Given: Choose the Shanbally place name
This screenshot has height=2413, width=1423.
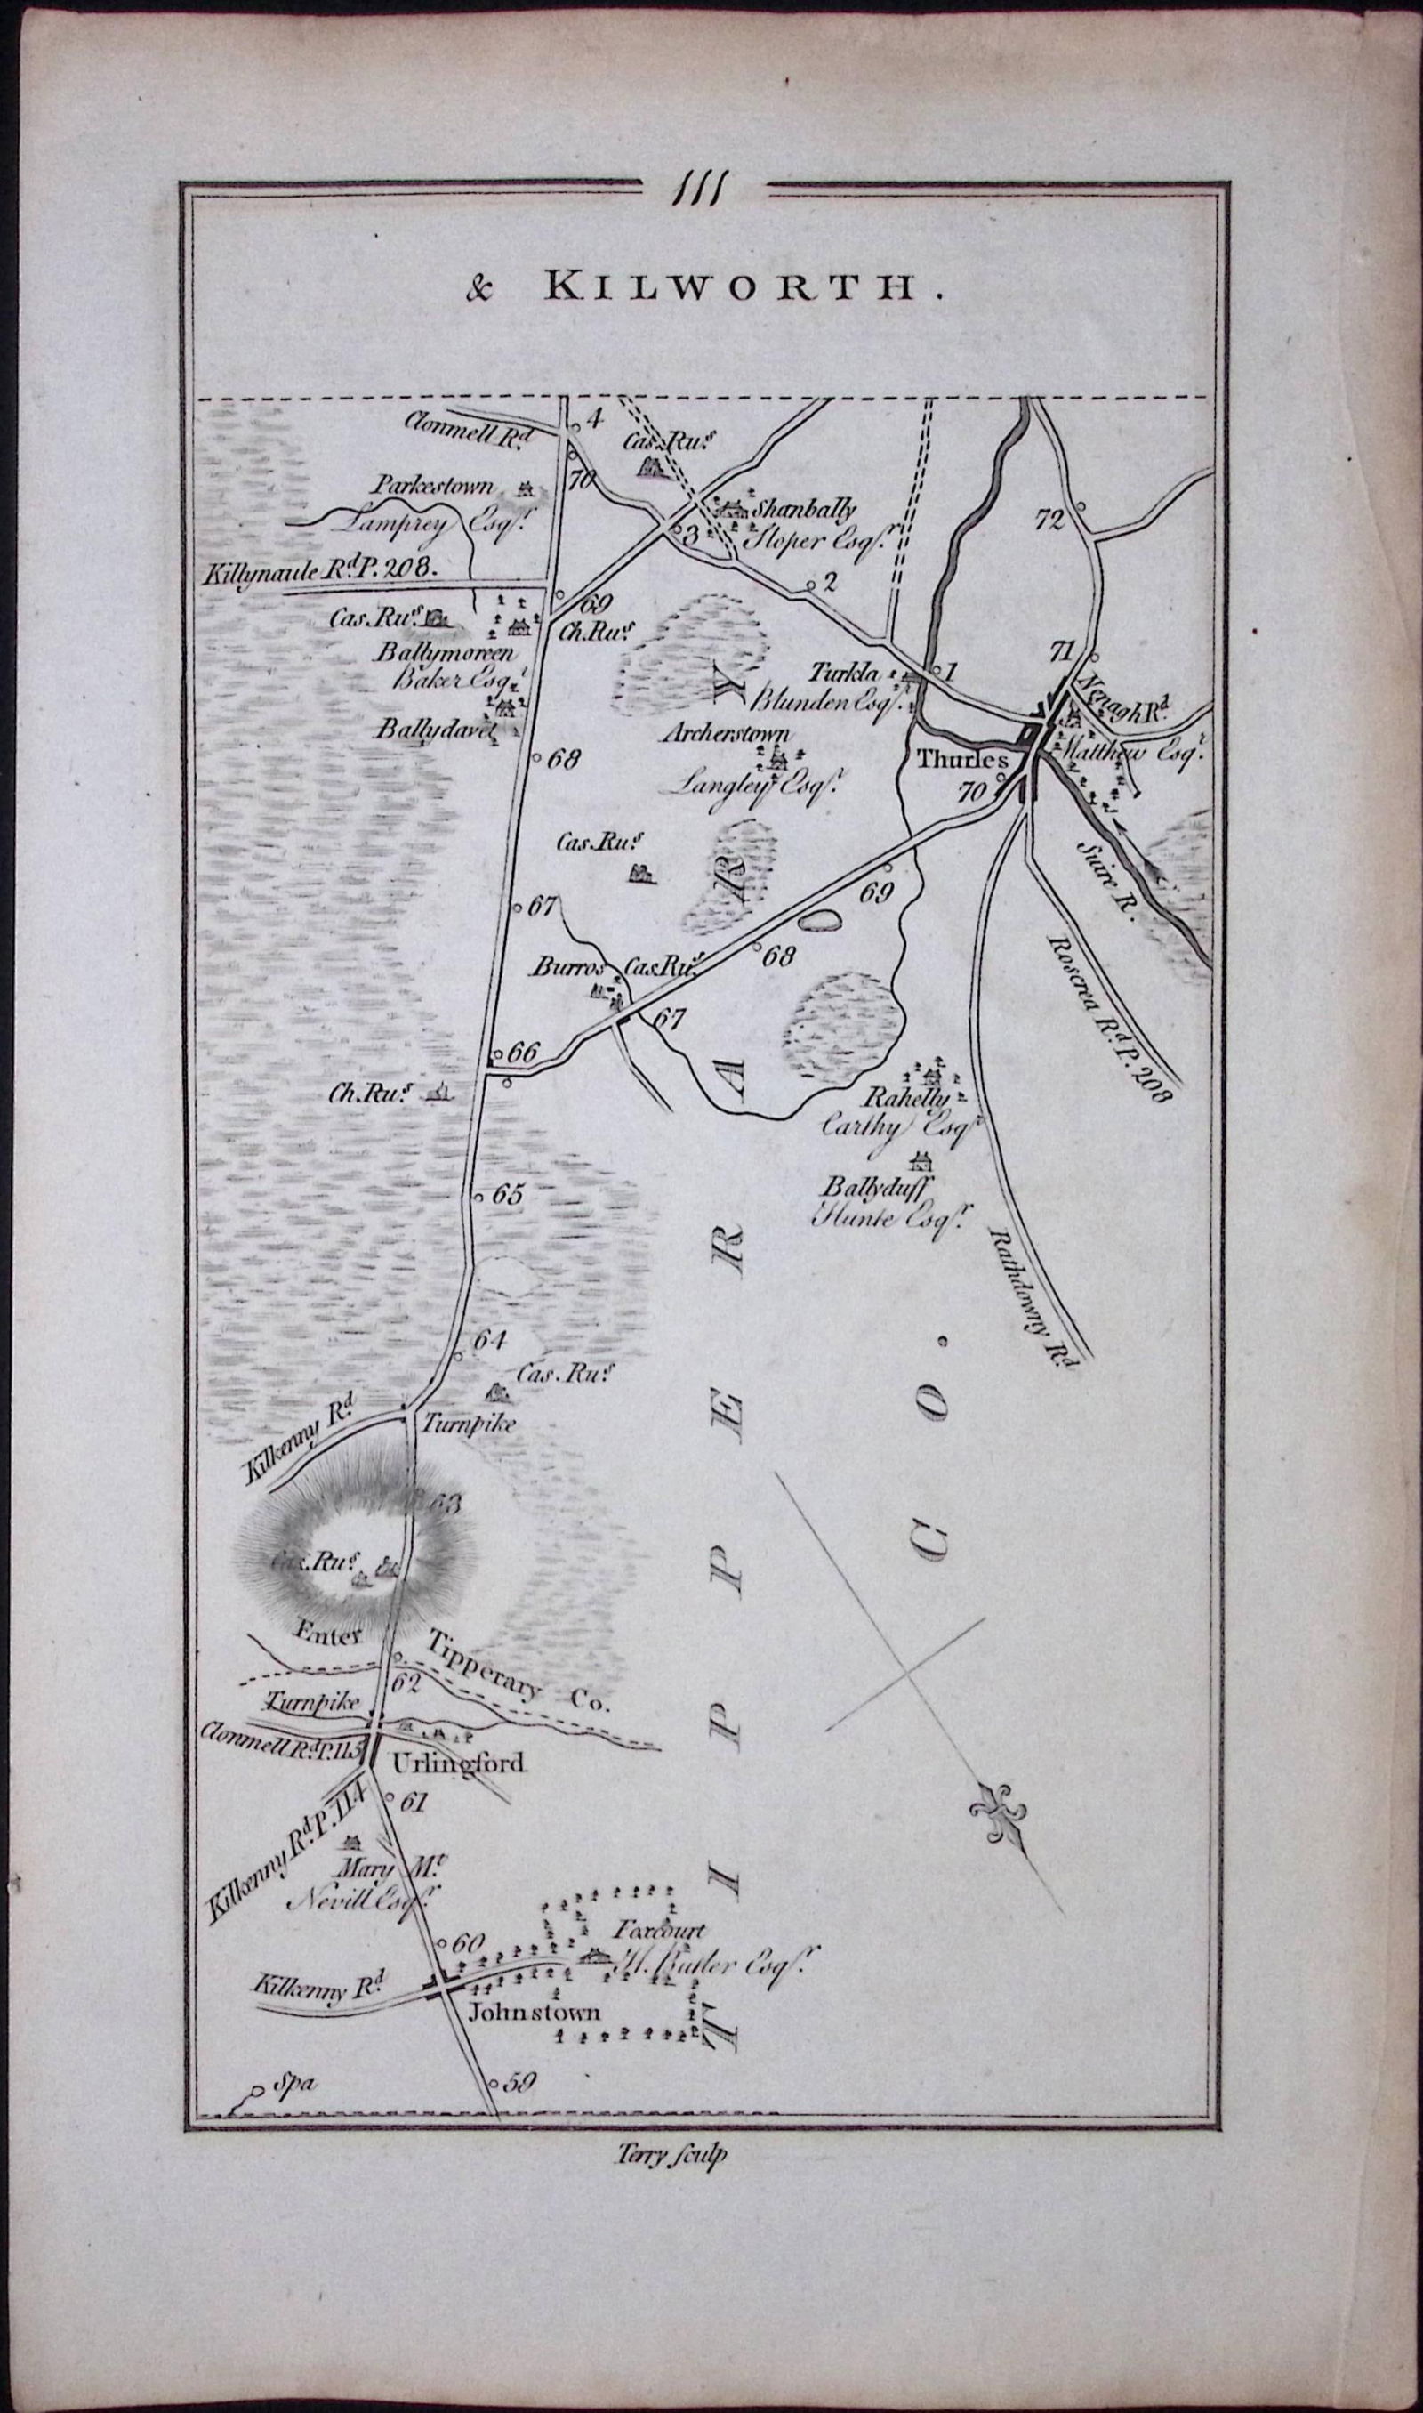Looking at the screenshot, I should pyautogui.click(x=805, y=510).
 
